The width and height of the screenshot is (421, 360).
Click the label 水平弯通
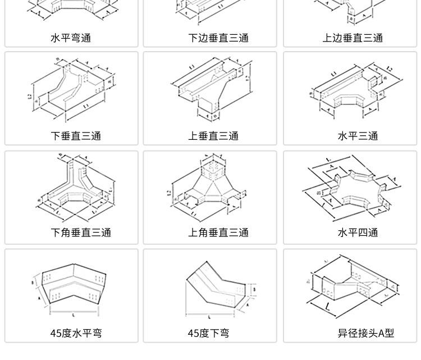[x=71, y=38]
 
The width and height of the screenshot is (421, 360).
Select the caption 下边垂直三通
[x=218, y=38]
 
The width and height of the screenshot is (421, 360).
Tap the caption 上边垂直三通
[x=353, y=38]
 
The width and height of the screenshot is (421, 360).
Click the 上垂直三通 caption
[x=213, y=136]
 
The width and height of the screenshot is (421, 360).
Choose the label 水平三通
[x=358, y=136]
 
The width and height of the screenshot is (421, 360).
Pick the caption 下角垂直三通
[x=81, y=233]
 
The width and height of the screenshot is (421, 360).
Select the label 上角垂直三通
[x=218, y=233]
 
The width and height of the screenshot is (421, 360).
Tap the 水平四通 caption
[x=358, y=233]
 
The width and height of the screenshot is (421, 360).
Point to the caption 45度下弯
[x=208, y=333]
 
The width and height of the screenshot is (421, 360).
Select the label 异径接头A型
[x=366, y=333]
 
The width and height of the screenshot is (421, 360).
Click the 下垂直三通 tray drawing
[x=72, y=90]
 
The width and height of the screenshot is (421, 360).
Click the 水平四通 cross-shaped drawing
[x=351, y=188]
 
